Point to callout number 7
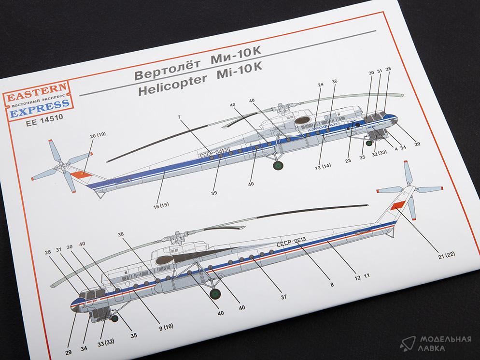[x=180, y=117]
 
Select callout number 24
[x=320, y=85]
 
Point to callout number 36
[x=334, y=81]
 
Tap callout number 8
[x=332, y=285]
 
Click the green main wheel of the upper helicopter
[x=278, y=167]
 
